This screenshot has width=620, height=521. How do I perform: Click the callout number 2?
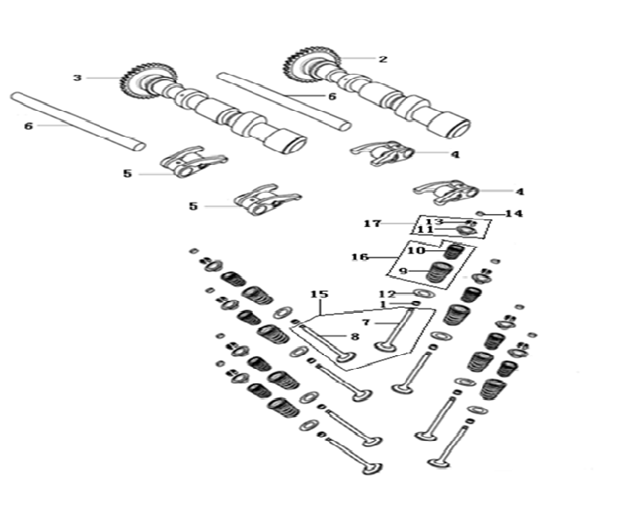(383, 59)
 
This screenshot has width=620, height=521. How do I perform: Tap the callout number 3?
(77, 78)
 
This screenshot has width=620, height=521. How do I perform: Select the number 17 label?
(372, 224)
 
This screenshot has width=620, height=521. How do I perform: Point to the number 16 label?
(360, 256)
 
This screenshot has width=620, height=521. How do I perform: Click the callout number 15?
(320, 295)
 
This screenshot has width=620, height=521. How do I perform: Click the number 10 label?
(416, 251)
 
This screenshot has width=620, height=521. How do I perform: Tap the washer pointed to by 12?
(413, 294)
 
